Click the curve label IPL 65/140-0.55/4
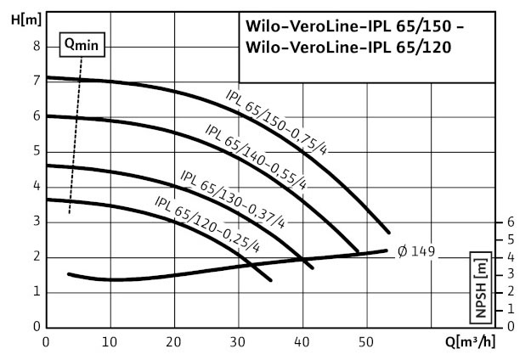pos(256,155)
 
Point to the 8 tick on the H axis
pos(36,47)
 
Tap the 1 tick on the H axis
pos(36,292)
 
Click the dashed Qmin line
pos(76,136)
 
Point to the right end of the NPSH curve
pos(387,250)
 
